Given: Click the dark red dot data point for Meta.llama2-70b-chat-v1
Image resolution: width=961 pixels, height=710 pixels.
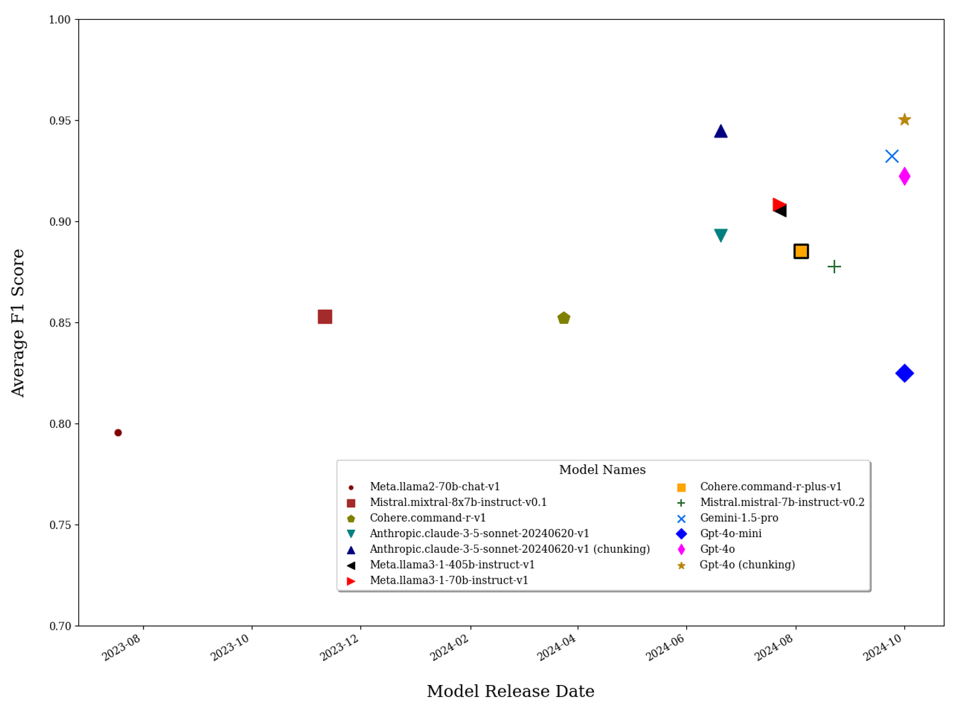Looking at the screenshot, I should (x=118, y=433).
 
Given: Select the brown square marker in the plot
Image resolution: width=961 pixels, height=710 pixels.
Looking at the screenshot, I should (x=325, y=317).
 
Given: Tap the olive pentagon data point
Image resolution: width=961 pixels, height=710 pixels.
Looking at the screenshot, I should (x=564, y=318).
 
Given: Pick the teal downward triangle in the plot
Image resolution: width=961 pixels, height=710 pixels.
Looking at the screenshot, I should (x=721, y=236).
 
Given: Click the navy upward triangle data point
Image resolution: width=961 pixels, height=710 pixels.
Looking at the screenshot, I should (x=721, y=132).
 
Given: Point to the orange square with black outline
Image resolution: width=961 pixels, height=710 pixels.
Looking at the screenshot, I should (x=801, y=251).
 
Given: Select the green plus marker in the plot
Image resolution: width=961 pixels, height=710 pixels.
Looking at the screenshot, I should (x=834, y=266).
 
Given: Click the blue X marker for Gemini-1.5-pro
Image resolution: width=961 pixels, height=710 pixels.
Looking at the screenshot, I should (x=892, y=157).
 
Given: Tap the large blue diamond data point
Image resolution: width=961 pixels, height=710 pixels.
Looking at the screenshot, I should (x=904, y=374).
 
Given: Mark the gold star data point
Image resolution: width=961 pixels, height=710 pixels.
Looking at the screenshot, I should (x=904, y=120).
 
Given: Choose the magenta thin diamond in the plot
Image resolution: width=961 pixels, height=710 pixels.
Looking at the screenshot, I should (x=904, y=176).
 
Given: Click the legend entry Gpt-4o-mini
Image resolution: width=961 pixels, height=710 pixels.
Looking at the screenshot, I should (x=730, y=534).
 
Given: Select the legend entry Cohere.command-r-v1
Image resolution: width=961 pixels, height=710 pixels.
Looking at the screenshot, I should (x=427, y=518).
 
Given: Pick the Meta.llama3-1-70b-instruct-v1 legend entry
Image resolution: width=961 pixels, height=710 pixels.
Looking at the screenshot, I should (x=449, y=580).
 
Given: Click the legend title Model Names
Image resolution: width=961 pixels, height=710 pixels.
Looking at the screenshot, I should (x=602, y=470).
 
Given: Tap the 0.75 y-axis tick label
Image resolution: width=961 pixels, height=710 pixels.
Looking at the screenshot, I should (x=59, y=525).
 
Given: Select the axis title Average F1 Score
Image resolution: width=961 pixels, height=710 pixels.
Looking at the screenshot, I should (x=18, y=322).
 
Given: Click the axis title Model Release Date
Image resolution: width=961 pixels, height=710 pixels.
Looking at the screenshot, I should (x=510, y=692).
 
